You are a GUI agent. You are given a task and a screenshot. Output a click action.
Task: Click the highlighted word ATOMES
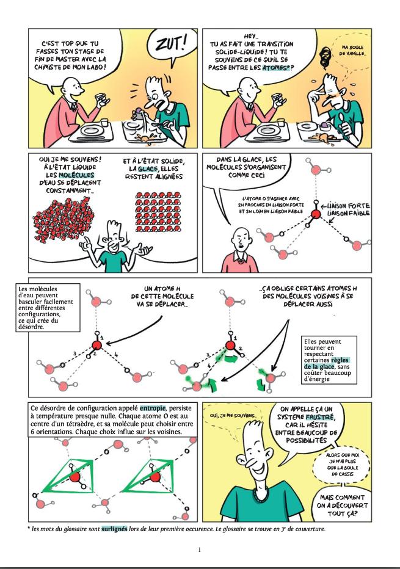tap(275, 68)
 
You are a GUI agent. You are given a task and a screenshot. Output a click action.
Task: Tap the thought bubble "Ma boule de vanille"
tap(351, 51)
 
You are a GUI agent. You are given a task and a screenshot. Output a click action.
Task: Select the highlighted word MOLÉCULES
tap(76, 175)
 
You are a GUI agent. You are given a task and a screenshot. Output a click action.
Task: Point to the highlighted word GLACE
tap(148, 169)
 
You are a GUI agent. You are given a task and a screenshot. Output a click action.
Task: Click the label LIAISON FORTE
tap(348, 206)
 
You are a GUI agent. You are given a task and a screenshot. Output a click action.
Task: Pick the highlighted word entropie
tap(153, 408)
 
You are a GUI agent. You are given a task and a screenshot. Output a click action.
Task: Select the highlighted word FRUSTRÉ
tap(320, 417)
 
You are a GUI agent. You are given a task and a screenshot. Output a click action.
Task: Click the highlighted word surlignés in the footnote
tap(114, 529)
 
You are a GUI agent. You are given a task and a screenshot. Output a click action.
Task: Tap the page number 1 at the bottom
tap(199, 549)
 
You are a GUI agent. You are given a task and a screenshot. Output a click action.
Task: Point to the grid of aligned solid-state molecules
tap(158, 212)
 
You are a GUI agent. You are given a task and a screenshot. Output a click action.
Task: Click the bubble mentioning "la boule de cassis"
tap(342, 464)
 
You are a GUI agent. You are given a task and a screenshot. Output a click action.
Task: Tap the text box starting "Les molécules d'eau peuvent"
tap(48, 307)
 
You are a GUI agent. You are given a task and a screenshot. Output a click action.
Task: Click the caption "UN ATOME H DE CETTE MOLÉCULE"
tap(162, 296)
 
